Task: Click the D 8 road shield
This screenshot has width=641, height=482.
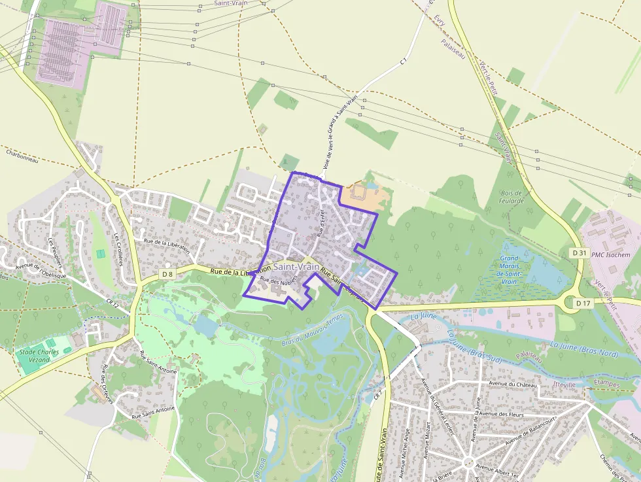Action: point(167,273)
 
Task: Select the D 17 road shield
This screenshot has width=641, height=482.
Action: point(583,303)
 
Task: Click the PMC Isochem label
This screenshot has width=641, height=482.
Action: point(612,254)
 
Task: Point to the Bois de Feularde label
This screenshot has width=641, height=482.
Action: point(511,197)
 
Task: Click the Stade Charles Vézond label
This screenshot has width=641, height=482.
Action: point(39,356)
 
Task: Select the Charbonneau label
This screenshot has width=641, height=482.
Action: point(23,156)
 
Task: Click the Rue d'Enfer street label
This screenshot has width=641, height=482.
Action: point(321,223)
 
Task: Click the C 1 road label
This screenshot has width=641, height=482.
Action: point(404,61)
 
